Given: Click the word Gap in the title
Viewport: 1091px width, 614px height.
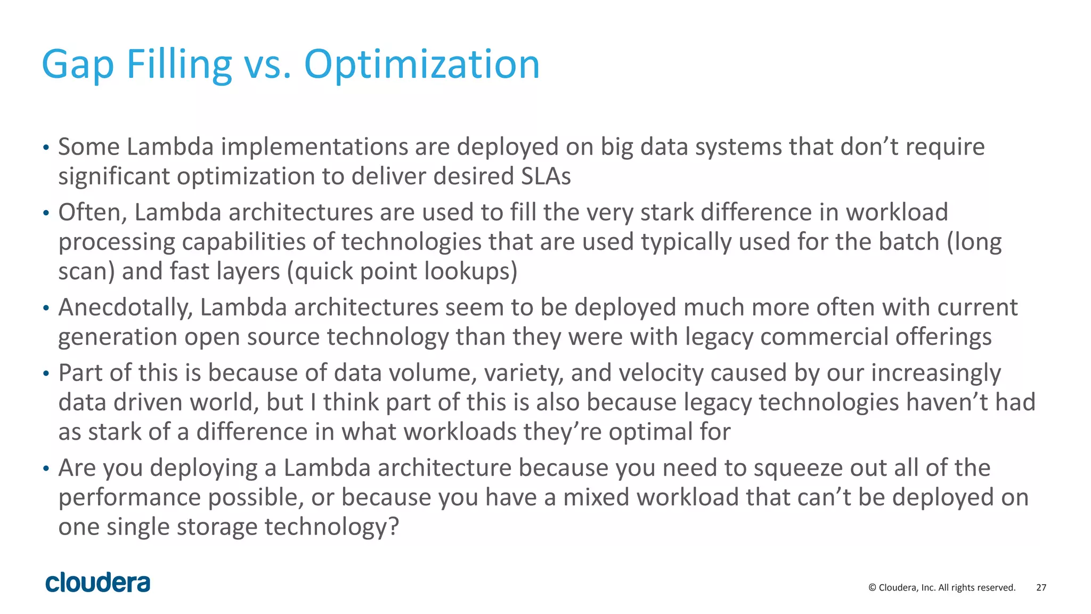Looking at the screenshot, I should coord(78,65).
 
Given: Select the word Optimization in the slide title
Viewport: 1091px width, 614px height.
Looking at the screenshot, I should coord(421,65).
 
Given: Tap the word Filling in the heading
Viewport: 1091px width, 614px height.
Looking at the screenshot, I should coord(179,65).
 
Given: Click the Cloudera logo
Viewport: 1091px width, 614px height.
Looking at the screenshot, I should coord(98,583).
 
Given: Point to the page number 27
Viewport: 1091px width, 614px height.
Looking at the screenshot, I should coord(1041,587).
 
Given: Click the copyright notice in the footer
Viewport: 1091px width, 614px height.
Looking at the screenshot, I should coord(941,587).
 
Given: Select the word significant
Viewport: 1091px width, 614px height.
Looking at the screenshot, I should coord(114,176).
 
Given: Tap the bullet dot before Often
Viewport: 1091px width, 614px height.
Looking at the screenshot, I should coord(46,214).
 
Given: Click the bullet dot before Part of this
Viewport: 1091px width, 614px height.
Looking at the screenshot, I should coord(46,374).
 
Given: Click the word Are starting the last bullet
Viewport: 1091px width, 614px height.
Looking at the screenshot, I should coord(77,468).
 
